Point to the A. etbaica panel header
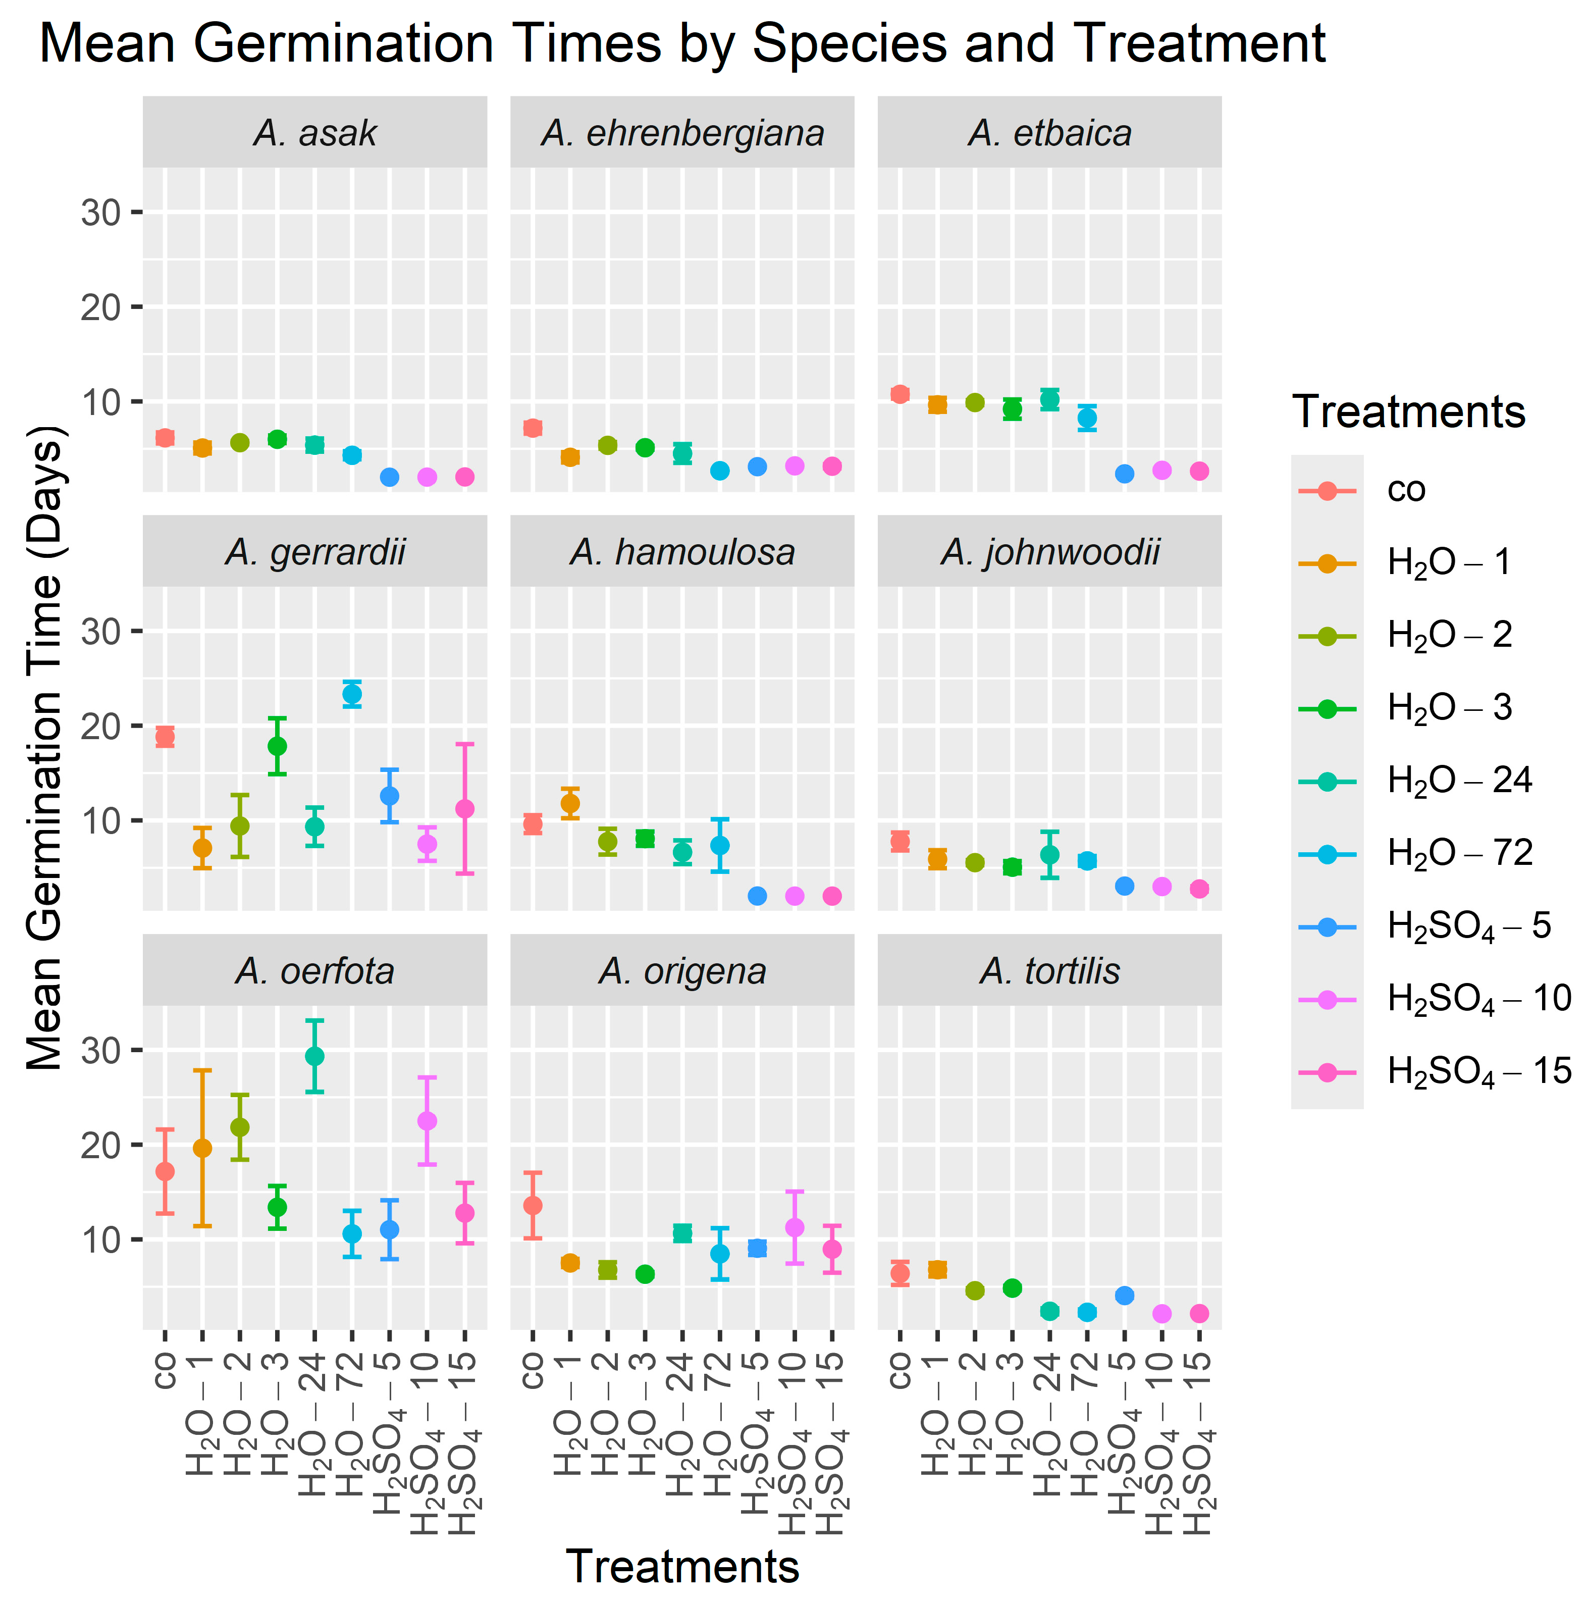point(1049,133)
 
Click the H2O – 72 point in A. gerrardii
point(352,694)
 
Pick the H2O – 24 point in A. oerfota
point(314,1056)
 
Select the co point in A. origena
point(533,1206)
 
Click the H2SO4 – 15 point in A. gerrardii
point(465,809)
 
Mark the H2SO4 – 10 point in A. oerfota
point(427,1121)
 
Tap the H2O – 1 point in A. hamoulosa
point(570,804)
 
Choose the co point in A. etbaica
point(900,394)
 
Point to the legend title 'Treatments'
point(1408,412)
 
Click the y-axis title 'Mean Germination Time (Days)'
point(45,747)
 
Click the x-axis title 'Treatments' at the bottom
point(682,1567)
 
